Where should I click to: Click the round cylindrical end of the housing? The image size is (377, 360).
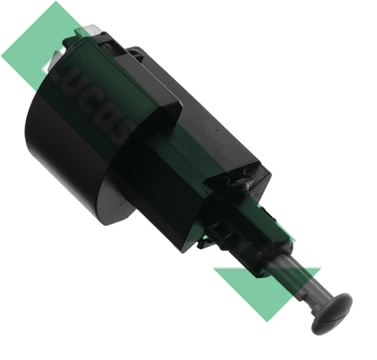[63, 153]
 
